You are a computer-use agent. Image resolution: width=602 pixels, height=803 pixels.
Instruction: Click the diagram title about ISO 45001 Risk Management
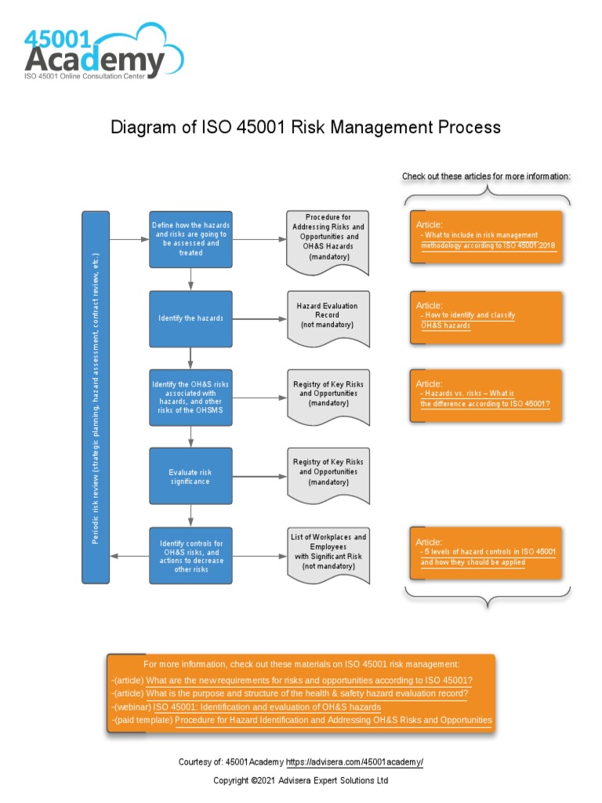pyautogui.click(x=305, y=127)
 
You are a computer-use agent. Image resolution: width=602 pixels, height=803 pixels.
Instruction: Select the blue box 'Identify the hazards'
pyautogui.click(x=191, y=318)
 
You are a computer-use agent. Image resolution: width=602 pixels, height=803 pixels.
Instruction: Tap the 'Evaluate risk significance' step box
pyautogui.click(x=191, y=477)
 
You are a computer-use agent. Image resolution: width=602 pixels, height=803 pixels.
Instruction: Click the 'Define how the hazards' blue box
pyautogui.click(x=191, y=239)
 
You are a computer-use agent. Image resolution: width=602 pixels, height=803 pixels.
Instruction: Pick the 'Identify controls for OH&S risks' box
pyautogui.click(x=191, y=556)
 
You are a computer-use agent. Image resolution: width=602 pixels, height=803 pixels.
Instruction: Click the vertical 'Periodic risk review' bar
pyautogui.click(x=96, y=397)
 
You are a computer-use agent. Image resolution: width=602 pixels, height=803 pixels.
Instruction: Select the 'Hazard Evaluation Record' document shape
pyautogui.click(x=328, y=315)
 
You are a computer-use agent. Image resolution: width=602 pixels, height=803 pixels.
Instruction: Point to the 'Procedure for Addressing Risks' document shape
pyautogui.click(x=328, y=237)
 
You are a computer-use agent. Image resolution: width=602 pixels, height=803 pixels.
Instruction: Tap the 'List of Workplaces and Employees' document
pyautogui.click(x=328, y=552)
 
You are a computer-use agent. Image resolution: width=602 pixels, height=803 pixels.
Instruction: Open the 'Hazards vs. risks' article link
pyautogui.click(x=484, y=398)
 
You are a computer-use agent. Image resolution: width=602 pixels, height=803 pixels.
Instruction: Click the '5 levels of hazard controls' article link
pyautogui.click(x=488, y=557)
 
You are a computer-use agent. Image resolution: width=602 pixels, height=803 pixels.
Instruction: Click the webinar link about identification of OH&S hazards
pyautogui.click(x=267, y=707)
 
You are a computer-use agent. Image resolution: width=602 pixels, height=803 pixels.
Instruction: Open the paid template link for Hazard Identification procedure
pyautogui.click(x=333, y=720)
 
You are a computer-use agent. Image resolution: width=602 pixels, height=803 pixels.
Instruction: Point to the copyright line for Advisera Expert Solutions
pyautogui.click(x=301, y=781)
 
